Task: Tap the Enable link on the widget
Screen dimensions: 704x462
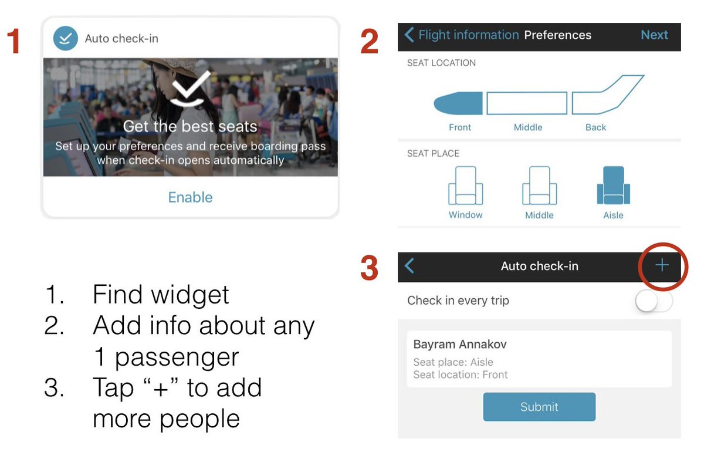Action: point(191,197)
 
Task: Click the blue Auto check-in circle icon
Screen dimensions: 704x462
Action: point(65,38)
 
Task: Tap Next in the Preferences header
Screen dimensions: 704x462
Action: point(654,35)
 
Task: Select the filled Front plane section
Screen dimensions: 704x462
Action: point(458,103)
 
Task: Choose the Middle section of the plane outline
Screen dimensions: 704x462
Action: point(527,103)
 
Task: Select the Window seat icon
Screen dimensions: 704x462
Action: point(465,186)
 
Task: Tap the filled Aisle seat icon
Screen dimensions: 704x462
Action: point(614,186)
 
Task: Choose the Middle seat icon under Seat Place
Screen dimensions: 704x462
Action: point(539,186)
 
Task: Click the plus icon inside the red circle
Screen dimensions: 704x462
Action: point(662,265)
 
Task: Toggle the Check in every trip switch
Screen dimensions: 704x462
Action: point(654,301)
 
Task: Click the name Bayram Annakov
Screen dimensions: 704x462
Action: point(460,345)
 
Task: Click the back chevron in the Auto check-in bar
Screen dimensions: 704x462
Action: point(409,266)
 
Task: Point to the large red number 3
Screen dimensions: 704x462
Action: point(369,268)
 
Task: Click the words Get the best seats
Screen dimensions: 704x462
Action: point(190,126)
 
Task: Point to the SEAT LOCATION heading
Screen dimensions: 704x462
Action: point(441,63)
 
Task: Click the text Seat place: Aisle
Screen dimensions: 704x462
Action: point(453,362)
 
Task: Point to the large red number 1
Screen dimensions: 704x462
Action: point(13,41)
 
